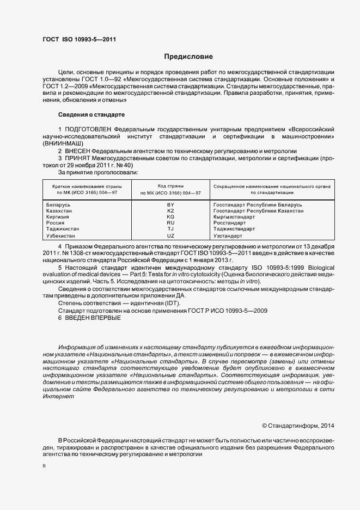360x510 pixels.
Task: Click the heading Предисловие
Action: (x=188, y=57)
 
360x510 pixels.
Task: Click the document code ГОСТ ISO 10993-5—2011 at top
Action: (x=78, y=39)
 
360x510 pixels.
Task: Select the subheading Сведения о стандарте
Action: (x=91, y=115)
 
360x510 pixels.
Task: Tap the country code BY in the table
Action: (x=170, y=204)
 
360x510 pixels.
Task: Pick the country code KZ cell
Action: (x=170, y=210)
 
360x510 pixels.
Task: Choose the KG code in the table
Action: (x=170, y=217)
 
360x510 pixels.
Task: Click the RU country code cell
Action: (x=170, y=223)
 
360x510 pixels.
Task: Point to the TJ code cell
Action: (x=170, y=229)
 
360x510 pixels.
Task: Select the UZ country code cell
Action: (x=170, y=236)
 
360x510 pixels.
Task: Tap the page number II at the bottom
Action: (x=44, y=466)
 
